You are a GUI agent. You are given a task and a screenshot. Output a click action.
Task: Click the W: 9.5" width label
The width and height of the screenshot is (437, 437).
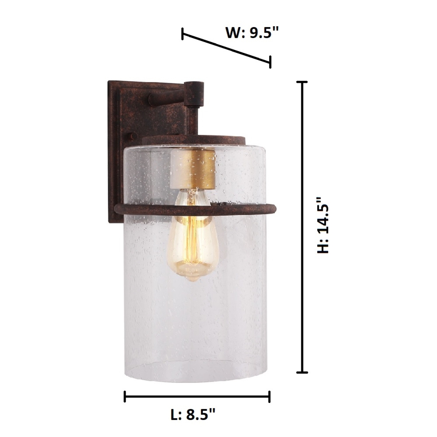tap(251, 32)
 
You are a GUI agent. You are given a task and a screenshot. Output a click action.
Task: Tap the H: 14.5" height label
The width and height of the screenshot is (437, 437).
tap(323, 225)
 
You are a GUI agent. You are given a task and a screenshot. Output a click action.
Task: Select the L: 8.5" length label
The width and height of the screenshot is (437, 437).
tap(194, 414)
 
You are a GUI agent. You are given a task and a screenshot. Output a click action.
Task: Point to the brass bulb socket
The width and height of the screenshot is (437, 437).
tap(192, 169)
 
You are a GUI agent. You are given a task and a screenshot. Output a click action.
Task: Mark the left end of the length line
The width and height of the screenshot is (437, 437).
tap(125, 397)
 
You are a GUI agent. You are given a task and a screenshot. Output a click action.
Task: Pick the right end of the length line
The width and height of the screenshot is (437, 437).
tap(270, 397)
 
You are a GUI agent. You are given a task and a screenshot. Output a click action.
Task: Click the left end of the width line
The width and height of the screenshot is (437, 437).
tap(182, 34)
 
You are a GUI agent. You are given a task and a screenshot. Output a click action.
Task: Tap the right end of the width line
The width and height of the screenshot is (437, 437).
tap(271, 62)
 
